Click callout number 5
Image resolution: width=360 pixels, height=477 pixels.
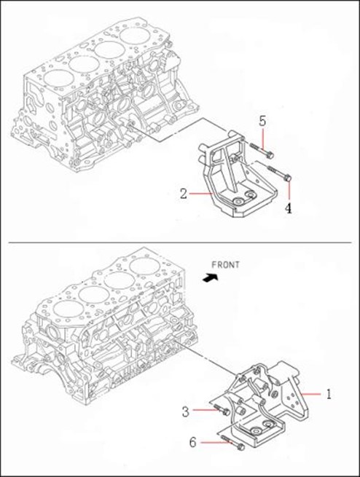pyautogui.click(x=262, y=121)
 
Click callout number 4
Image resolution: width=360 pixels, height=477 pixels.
pyautogui.click(x=288, y=208)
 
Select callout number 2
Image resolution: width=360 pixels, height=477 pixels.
pyautogui.click(x=183, y=194)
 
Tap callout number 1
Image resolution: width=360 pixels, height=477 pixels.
pyautogui.click(x=329, y=394)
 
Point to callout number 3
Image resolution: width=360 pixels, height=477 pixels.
pyautogui.click(x=185, y=411)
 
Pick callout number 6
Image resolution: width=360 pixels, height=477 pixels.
pyautogui.click(x=192, y=442)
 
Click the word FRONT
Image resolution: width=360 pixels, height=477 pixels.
pyautogui.click(x=225, y=265)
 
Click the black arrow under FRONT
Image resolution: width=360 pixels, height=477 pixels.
pyautogui.click(x=211, y=277)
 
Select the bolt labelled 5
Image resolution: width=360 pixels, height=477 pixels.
pyautogui.click(x=262, y=151)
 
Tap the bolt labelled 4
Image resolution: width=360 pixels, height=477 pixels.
pyautogui.click(x=279, y=173)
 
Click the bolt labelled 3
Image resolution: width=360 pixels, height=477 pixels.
pyautogui.click(x=222, y=410)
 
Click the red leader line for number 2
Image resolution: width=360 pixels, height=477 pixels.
pyautogui.click(x=200, y=193)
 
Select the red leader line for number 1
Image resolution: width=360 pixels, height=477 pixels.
pyautogui.click(x=310, y=394)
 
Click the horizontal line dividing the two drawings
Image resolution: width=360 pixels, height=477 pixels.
pyautogui.click(x=181, y=243)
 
